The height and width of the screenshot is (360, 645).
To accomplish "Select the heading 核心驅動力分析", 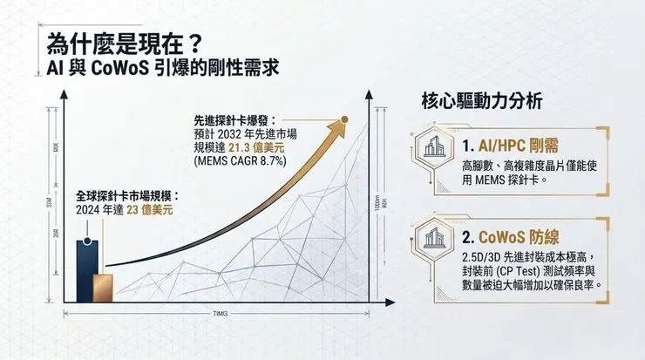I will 482,102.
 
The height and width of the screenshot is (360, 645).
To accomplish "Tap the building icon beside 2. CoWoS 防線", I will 433,237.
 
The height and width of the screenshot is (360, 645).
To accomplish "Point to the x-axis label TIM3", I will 221,314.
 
